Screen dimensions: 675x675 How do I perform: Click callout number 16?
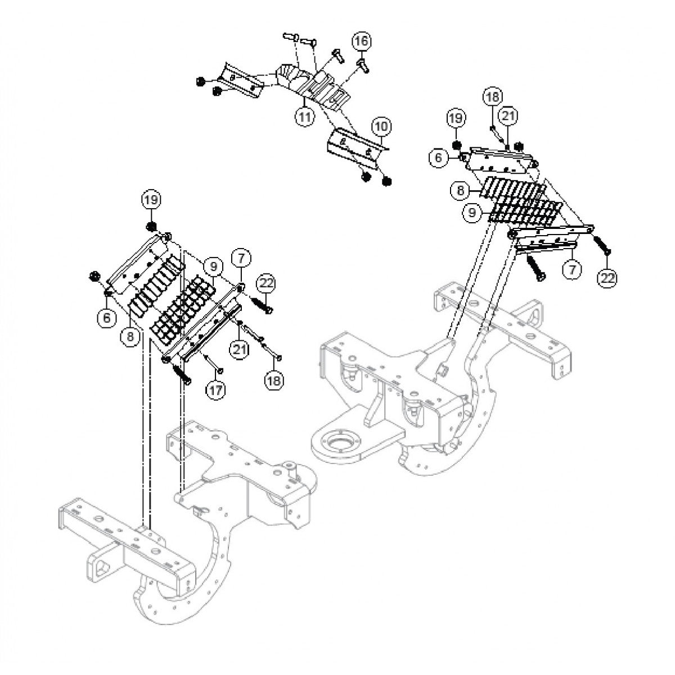click(362, 42)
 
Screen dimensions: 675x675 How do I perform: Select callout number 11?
click(304, 117)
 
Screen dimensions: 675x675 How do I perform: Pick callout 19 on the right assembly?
click(456, 118)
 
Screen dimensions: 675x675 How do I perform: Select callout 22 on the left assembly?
click(267, 283)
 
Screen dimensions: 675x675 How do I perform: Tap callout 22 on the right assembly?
click(608, 277)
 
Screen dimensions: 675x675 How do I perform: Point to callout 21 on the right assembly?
click(508, 116)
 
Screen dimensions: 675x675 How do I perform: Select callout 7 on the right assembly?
click(572, 269)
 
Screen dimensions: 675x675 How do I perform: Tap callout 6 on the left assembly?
click(105, 317)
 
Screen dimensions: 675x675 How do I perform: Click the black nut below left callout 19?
click(151, 227)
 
